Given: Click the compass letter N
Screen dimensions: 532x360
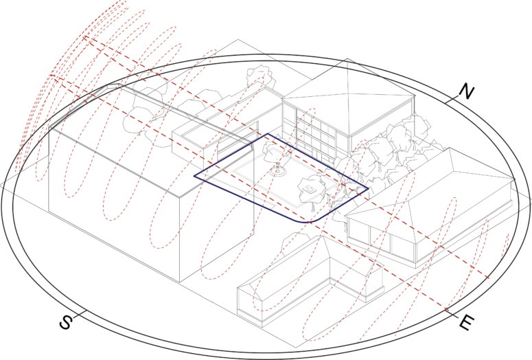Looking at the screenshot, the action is pos(467,91).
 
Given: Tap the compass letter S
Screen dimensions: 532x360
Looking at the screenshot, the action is pos(66,322).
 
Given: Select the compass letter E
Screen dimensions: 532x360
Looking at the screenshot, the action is pos(466,322).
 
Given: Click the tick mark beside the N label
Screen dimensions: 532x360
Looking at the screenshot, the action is pos(452,100).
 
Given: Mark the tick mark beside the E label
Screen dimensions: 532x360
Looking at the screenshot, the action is pos(451,312).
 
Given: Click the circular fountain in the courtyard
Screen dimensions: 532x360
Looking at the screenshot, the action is pos(278,172).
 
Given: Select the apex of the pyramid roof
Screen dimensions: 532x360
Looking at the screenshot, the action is pos(347,59).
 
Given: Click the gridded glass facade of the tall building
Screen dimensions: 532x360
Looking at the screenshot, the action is pos(315,133).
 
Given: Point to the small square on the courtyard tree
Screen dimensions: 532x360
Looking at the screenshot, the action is pos(309,188).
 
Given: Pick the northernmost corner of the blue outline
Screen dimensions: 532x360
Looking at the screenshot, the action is pos(267,134).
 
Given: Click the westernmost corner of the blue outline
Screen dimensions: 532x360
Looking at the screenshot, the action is pos(194,176).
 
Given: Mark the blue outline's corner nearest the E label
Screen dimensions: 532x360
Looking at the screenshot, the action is pos(368,188).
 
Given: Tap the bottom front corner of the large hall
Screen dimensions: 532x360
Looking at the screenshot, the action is pos(180,282).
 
